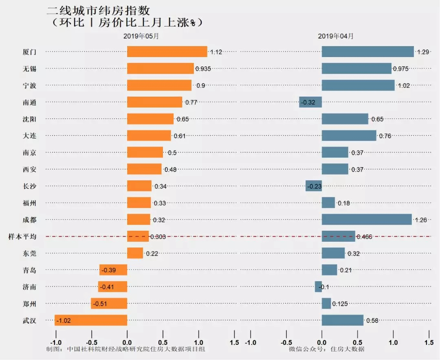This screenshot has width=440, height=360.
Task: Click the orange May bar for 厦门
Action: click(167, 51)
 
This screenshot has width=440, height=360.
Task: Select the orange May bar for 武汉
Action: click(91, 320)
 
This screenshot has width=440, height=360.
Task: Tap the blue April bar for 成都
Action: click(367, 219)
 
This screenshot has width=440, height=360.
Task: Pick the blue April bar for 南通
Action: click(310, 102)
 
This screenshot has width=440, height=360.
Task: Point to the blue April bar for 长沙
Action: click(314, 186)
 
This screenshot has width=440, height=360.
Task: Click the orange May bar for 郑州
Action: click(109, 303)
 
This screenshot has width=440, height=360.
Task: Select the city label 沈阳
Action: click(29, 119)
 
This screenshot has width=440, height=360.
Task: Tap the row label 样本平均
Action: click(22, 236)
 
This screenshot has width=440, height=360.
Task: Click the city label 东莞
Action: click(29, 253)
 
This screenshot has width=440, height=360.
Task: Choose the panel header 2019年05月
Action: click(141, 36)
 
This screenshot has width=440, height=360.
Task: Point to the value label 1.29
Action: click(423, 52)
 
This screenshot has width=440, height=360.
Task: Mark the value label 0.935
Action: click(203, 69)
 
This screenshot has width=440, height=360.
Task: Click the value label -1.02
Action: click(63, 320)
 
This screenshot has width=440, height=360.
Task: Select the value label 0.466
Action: click(364, 237)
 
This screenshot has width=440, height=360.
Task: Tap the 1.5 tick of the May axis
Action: click(234, 342)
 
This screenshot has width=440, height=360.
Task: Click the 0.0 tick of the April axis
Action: click(322, 342)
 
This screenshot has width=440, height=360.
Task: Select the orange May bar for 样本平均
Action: click(138, 236)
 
